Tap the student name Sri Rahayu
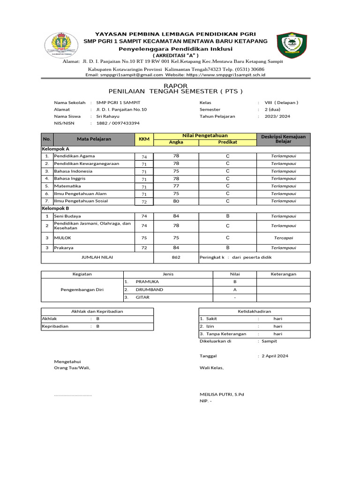pos(108,116)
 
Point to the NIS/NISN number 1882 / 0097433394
pos(118,123)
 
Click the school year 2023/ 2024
pos(277,116)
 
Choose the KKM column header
pos(144,139)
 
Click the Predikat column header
pos(227,142)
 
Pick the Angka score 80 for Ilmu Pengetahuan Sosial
pos(176,201)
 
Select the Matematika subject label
pos(67,186)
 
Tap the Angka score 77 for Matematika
pos(176,186)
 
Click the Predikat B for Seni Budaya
pos(227,216)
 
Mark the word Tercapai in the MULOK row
pos(284,238)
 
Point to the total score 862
pos(176,257)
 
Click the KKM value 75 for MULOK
pos(144,238)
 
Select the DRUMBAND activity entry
pos(150,290)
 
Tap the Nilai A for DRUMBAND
pos(234,290)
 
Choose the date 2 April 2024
pos(275,356)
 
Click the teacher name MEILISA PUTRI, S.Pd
pos(222,394)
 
